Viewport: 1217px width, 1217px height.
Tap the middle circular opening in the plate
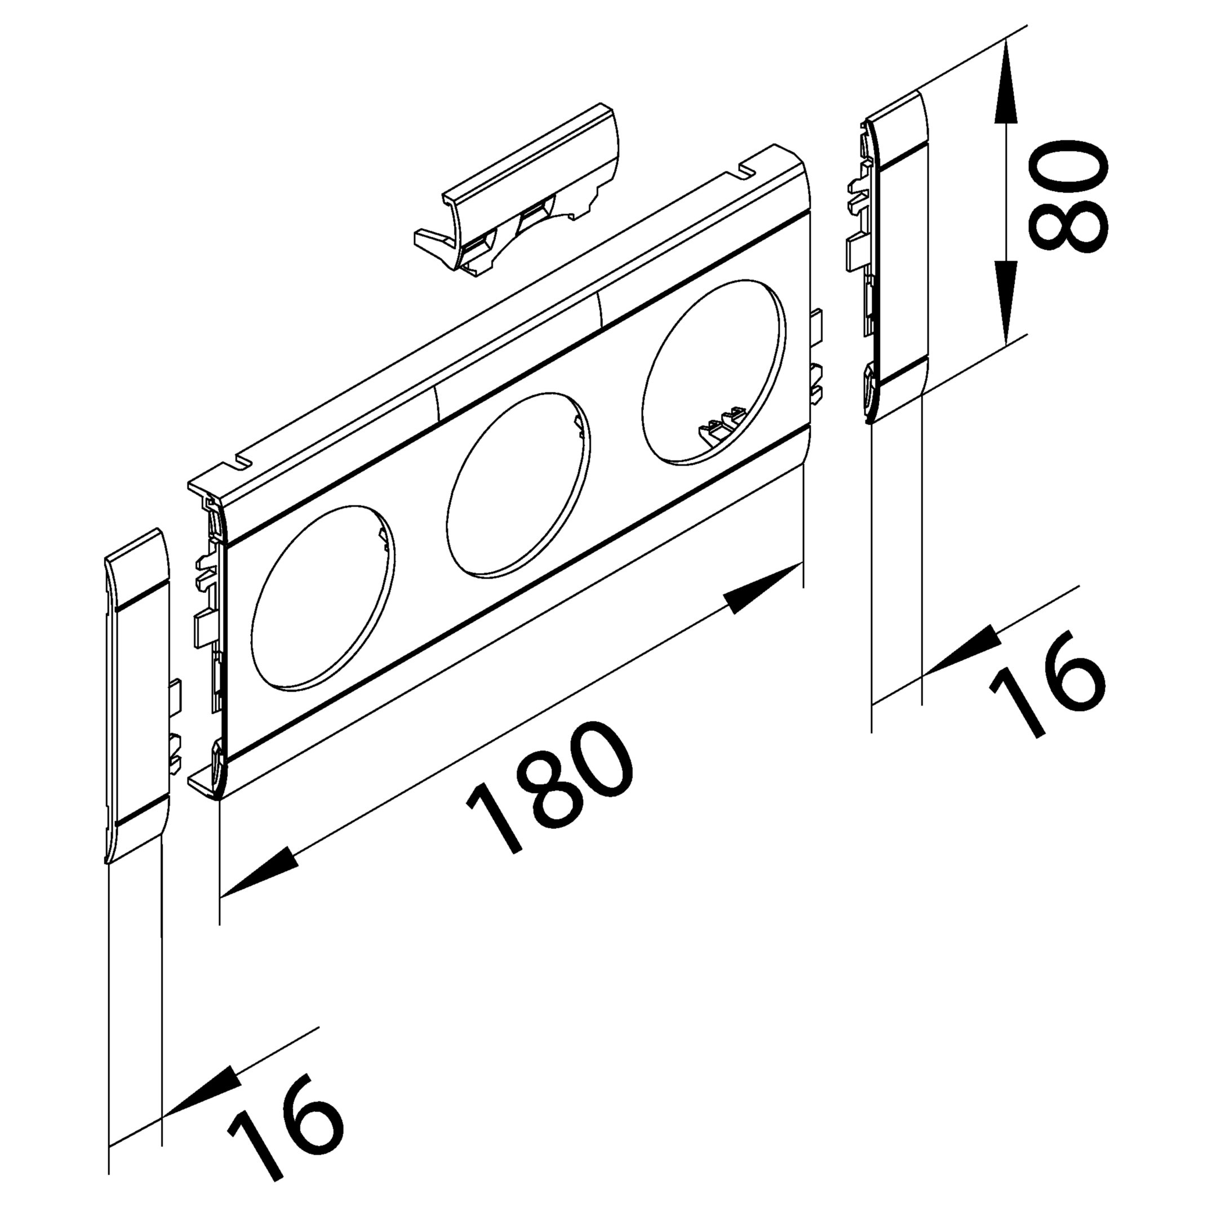click(x=518, y=485)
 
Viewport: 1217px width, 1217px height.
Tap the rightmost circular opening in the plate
click(x=714, y=373)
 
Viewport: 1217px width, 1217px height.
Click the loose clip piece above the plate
click(x=517, y=189)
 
